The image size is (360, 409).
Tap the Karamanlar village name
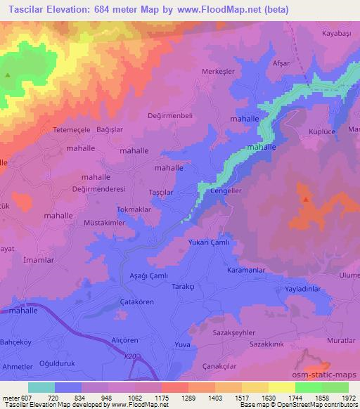pos(246,270)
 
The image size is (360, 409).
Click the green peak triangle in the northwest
pos(8,75)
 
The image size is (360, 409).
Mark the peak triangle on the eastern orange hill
pos(307,200)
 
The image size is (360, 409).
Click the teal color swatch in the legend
pos(41,387)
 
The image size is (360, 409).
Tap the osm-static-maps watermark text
pos(330,375)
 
